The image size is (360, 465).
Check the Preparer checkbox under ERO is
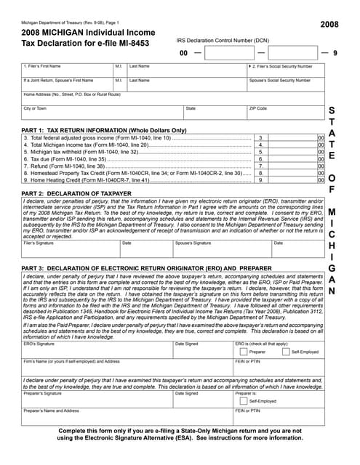pyautogui.click(x=243, y=351)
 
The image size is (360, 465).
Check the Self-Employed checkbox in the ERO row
pyautogui.click(x=286, y=351)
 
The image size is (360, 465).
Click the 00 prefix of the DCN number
pyautogui.click(x=184, y=54)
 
